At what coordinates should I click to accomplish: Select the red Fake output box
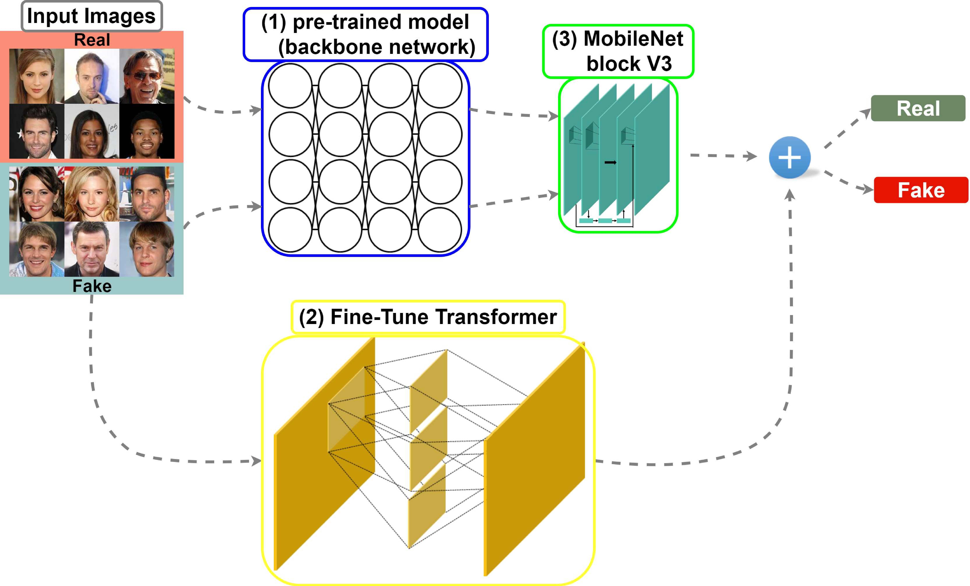[x=921, y=190]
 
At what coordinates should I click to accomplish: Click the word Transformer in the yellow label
[x=496, y=317]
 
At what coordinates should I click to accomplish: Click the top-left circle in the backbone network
[x=291, y=85]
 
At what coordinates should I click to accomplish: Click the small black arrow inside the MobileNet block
[x=610, y=162]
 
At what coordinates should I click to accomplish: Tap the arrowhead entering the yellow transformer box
[x=257, y=461]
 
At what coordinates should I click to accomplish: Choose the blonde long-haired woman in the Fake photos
[x=91, y=194]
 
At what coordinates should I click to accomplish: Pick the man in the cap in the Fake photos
[x=146, y=194]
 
